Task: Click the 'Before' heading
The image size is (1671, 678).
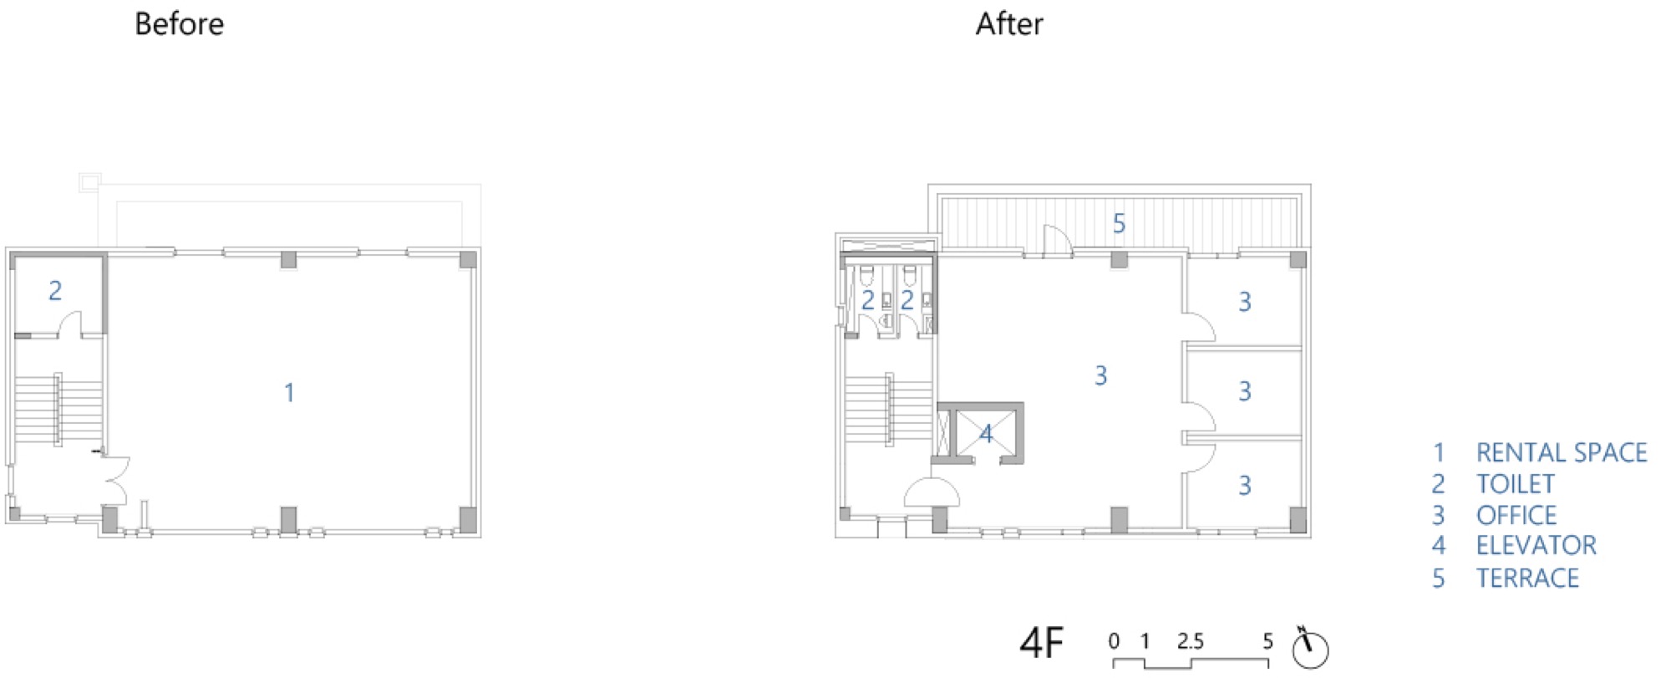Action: pos(179,24)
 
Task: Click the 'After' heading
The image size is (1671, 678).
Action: pos(1009,24)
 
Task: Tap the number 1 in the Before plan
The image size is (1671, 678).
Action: pos(289,392)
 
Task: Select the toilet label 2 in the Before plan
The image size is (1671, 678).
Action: pos(55,290)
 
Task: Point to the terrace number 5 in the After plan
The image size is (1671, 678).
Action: pos(1119,223)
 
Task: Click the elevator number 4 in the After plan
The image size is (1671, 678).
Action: pos(987,434)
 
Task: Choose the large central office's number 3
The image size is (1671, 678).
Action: pos(1101,375)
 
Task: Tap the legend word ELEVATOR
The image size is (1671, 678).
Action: pos(1536,546)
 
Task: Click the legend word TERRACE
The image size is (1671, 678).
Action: pos(1528,578)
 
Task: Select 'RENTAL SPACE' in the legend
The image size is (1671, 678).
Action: pos(1562,452)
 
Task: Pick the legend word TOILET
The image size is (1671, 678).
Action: pos(1516,483)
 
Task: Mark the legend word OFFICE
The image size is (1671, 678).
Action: pos(1516,515)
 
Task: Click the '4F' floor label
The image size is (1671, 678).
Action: pos(1042,644)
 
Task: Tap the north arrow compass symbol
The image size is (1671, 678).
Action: pos(1309,647)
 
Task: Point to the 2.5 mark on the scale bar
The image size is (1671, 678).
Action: pos(1191,641)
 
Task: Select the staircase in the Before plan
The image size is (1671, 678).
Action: pos(58,410)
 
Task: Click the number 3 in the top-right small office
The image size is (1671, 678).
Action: pos(1245,302)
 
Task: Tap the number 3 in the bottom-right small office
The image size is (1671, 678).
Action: pos(1245,485)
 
